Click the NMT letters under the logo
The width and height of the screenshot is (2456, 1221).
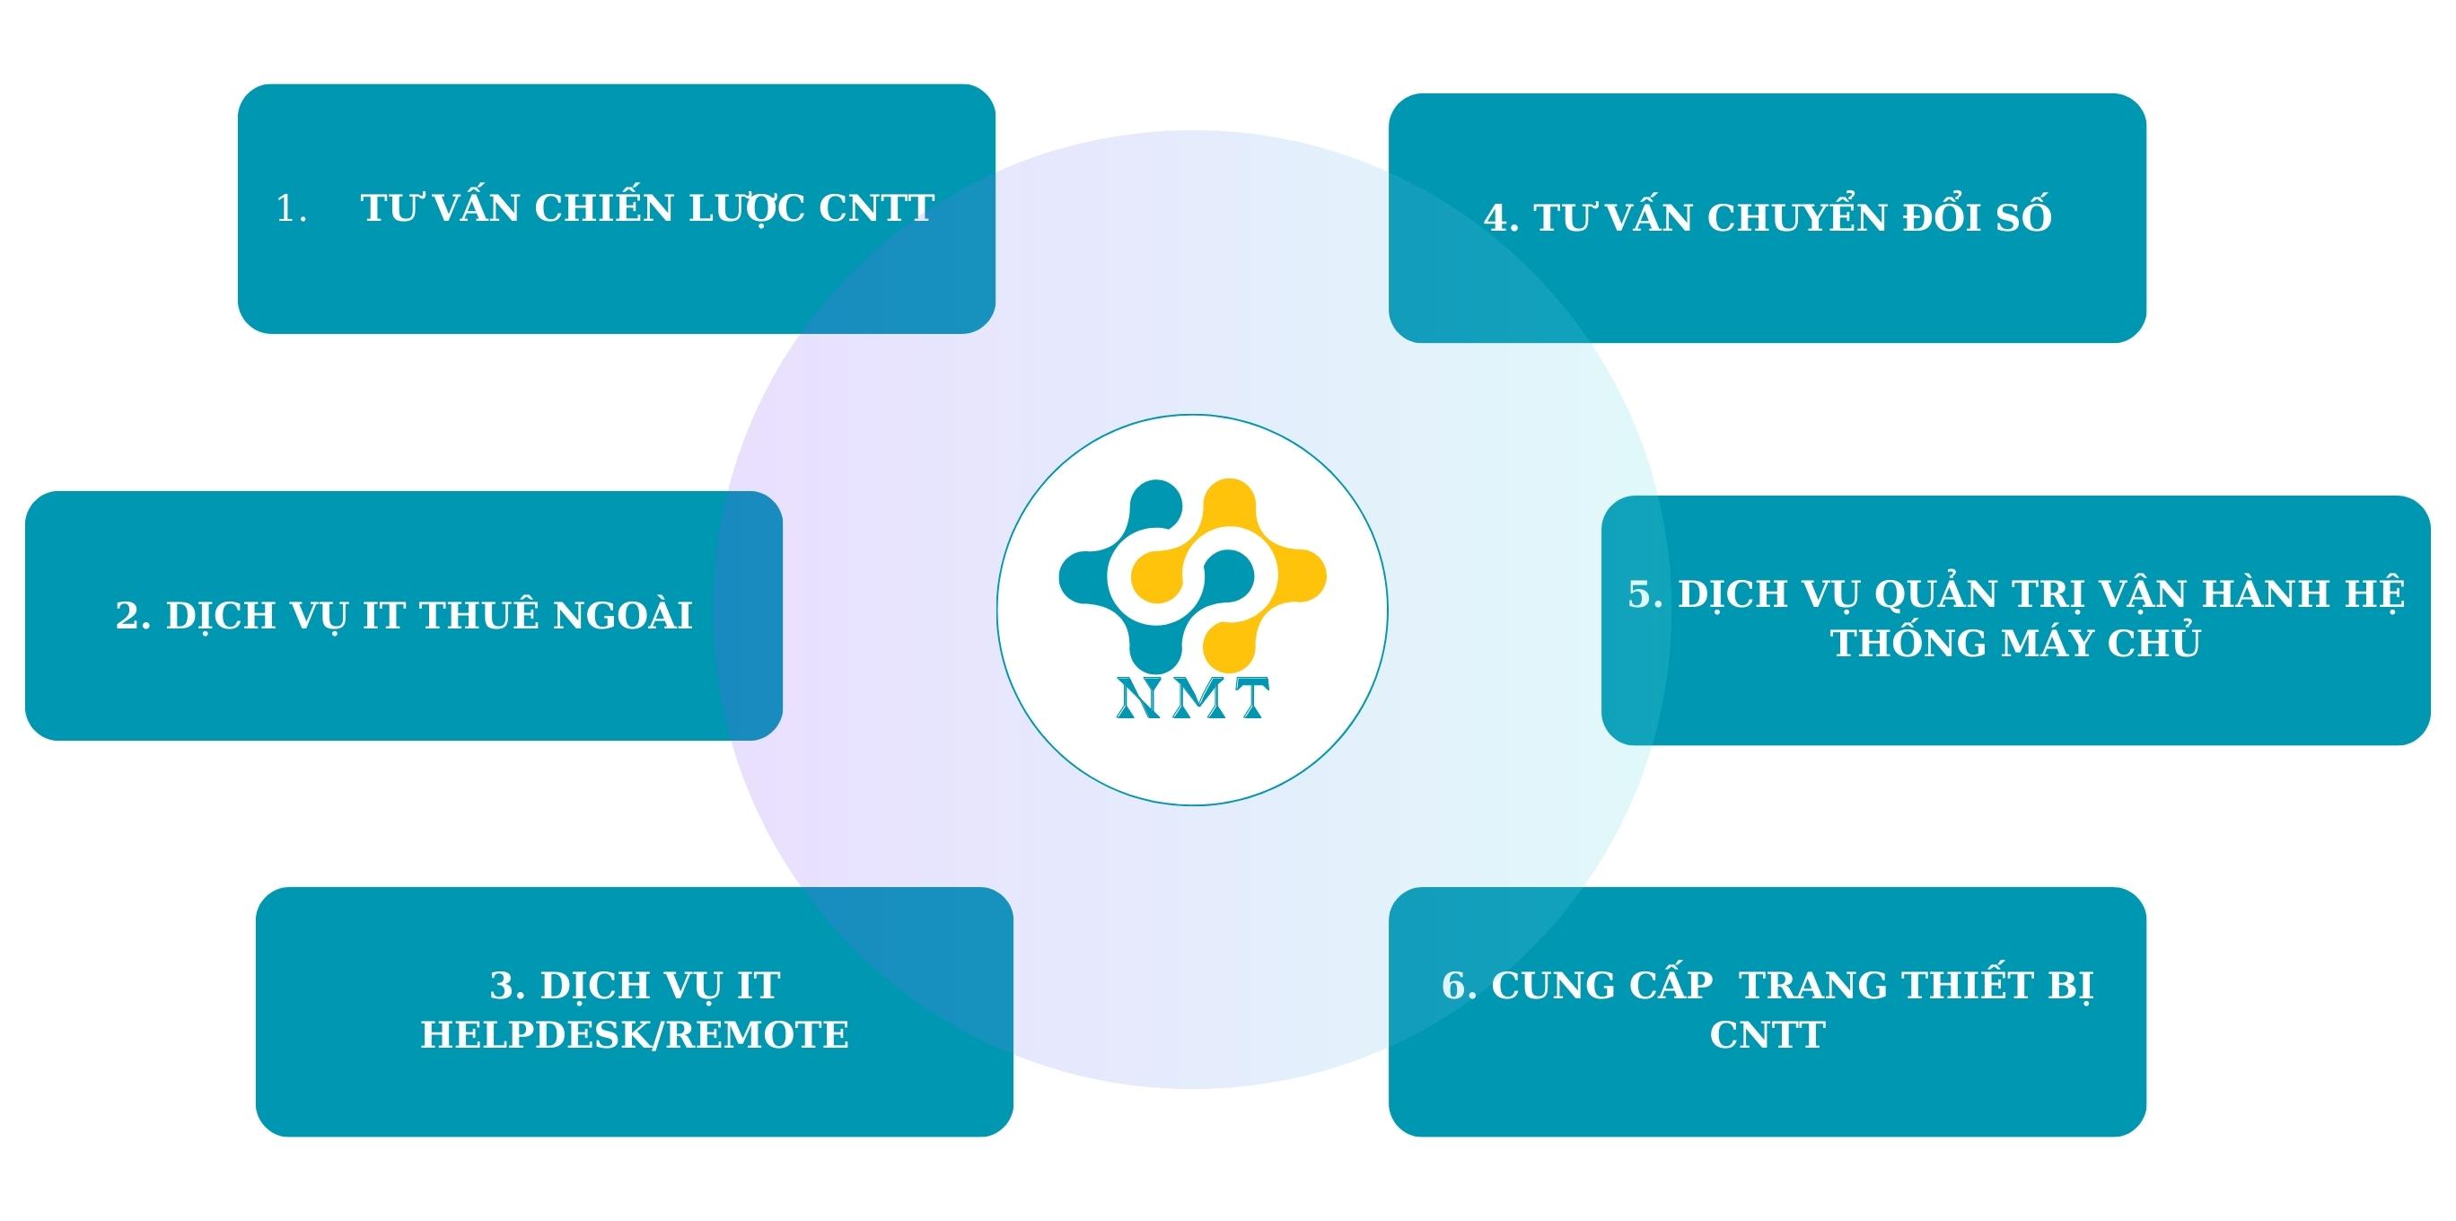[x=1192, y=698]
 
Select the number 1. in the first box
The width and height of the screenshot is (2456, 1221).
[x=291, y=210]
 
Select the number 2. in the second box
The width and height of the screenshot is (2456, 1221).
[x=134, y=616]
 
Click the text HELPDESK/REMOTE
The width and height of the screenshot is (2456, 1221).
[x=635, y=1035]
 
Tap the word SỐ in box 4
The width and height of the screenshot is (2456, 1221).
[x=2023, y=217]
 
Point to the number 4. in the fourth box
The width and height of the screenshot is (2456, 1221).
[x=1501, y=218]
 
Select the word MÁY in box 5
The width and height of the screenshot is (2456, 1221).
[x=2047, y=644]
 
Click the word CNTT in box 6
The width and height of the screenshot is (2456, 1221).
[x=1767, y=1035]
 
